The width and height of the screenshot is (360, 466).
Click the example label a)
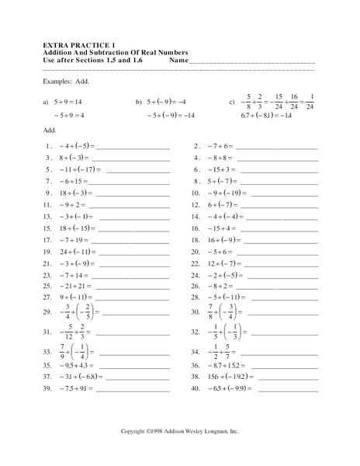coord(47,101)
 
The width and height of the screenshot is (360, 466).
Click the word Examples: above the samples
coord(60,80)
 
